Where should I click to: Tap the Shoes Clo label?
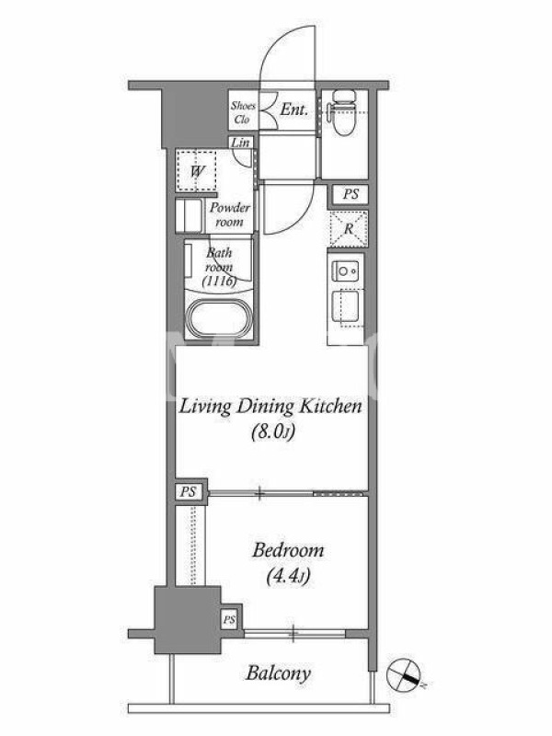click(243, 112)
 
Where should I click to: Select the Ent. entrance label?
click(293, 109)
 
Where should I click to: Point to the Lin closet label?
click(241, 143)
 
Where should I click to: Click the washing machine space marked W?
click(196, 171)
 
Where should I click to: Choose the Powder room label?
click(229, 214)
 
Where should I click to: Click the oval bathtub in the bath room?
click(220, 318)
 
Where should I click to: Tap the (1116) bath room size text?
click(219, 282)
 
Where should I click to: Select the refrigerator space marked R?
click(349, 229)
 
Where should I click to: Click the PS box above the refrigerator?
click(351, 194)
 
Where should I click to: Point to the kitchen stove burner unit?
click(347, 271)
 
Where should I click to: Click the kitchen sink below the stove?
click(347, 308)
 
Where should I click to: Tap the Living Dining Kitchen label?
click(270, 407)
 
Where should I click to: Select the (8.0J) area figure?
click(272, 431)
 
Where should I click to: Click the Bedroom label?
click(288, 550)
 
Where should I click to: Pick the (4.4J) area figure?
click(288, 576)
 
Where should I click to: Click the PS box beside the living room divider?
click(189, 492)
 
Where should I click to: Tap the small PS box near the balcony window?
click(229, 620)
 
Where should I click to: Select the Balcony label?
click(279, 674)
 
